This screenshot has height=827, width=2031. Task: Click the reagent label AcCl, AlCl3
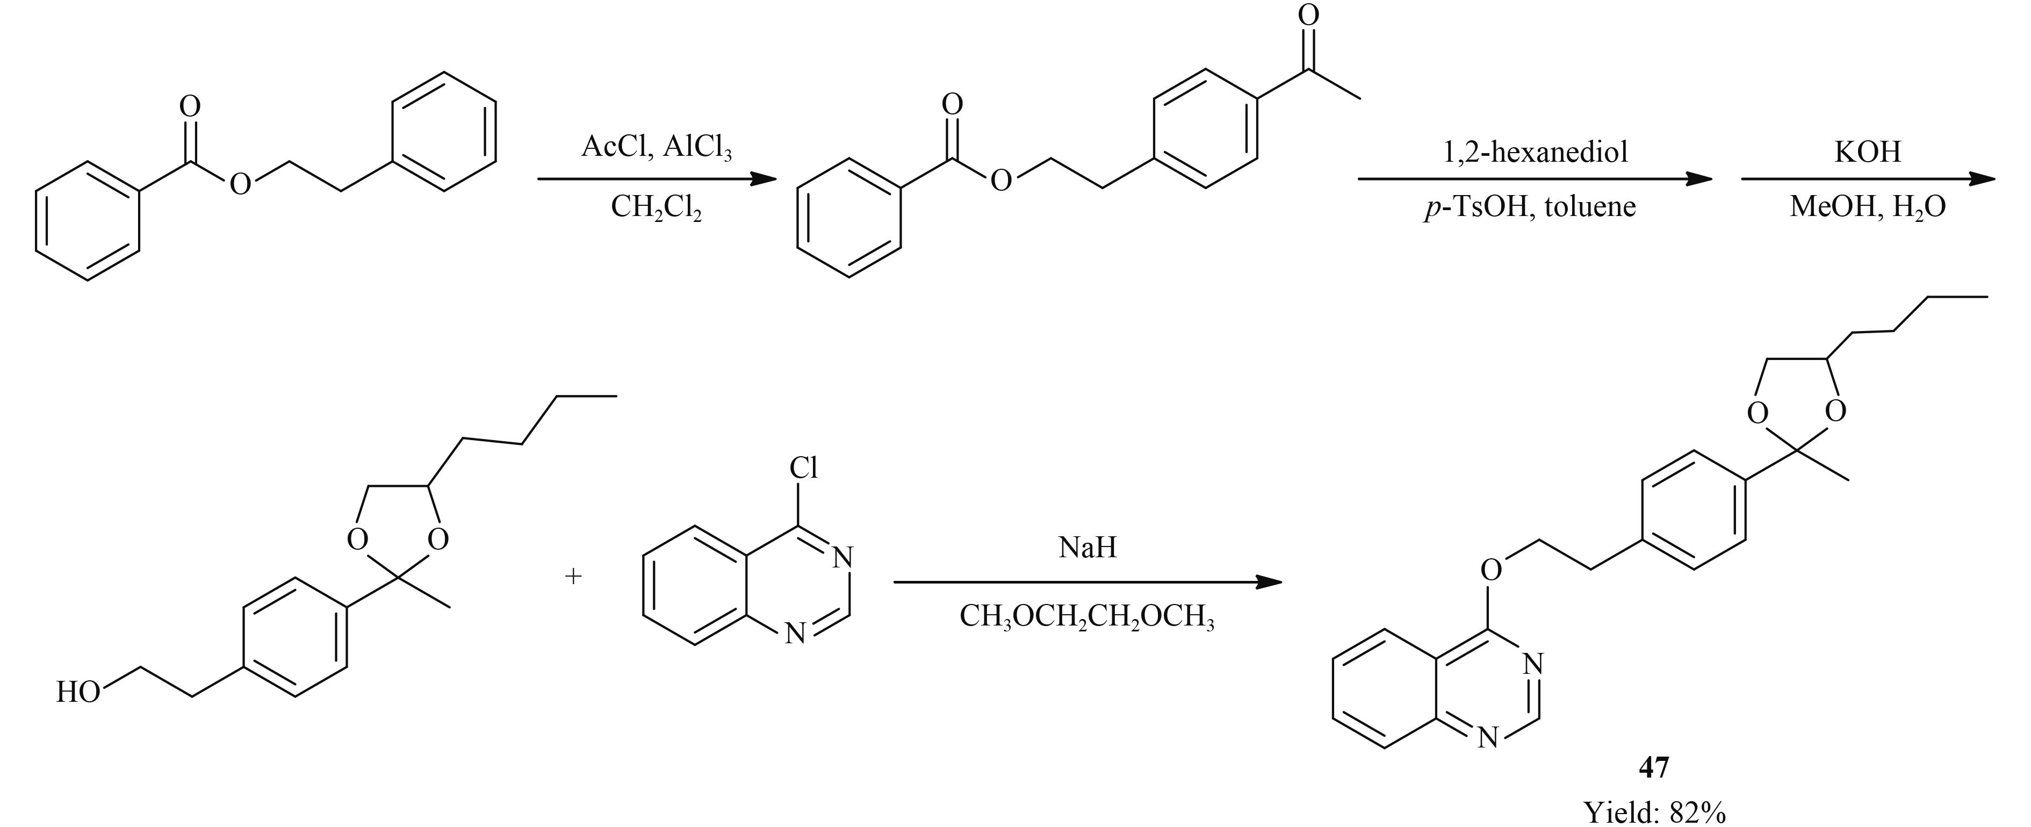656,147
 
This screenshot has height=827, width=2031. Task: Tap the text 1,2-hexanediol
1535,152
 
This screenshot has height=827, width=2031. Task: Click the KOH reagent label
1867,152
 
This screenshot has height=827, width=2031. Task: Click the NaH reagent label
1087,547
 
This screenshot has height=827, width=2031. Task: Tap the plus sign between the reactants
573,576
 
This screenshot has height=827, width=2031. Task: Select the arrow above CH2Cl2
657,180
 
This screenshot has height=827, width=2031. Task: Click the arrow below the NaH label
1087,583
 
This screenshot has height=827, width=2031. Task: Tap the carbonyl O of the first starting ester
190,106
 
